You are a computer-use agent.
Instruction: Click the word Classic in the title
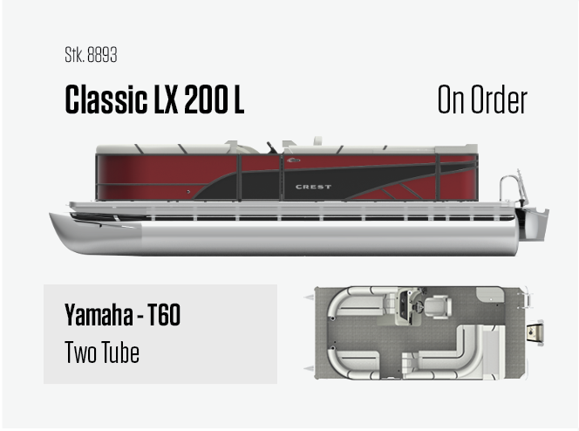[106, 99]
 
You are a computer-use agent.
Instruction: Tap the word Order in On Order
[499, 99]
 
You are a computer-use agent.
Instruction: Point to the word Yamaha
[99, 314]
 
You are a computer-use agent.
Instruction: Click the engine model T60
[164, 314]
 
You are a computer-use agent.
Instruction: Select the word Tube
[120, 352]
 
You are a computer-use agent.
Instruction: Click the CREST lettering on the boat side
[313, 187]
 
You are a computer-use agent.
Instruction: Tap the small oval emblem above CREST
[294, 161]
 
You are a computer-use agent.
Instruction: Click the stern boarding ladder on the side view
[514, 188]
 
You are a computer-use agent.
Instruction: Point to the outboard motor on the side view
[533, 224]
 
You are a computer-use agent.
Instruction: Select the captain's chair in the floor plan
[438, 307]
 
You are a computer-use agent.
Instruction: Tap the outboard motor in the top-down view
[535, 332]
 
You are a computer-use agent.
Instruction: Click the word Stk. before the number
[75, 55]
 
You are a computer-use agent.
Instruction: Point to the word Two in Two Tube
[81, 352]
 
